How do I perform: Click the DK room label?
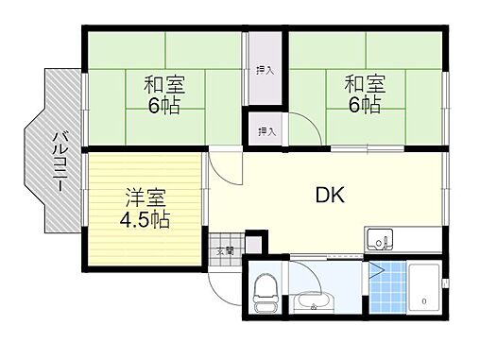pos(329,197)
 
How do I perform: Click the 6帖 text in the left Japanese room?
pos(165,106)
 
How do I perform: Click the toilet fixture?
pos(266,290)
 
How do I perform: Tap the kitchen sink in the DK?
pos(381,240)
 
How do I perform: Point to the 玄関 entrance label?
pos(225,251)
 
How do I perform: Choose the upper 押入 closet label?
pos(266,69)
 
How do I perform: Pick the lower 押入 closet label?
pos(266,131)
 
